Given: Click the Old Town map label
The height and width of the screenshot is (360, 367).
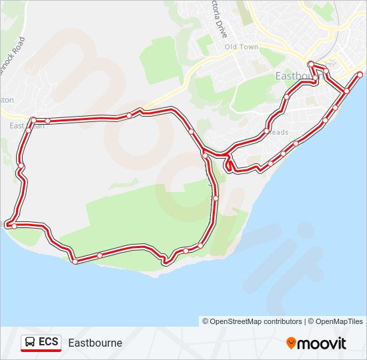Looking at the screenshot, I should coord(241,47).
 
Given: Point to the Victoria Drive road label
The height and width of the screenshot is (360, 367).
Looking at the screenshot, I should coord(218,17).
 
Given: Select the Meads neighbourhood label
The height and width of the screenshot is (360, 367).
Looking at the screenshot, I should coord(280,132).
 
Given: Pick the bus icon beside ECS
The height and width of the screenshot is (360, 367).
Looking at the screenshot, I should coord(30,343).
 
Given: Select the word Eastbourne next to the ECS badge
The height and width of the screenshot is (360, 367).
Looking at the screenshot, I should coord(95,343).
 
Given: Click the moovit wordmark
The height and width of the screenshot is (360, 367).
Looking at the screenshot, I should coord(322,343).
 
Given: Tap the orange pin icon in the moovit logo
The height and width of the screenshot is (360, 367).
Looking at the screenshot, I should coord(291,343).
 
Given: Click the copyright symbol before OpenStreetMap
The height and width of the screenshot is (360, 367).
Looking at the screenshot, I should coord(206,321).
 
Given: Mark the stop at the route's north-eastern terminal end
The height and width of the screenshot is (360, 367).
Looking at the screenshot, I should coord(360,74).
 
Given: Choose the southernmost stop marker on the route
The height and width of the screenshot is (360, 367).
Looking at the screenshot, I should coord(75,261).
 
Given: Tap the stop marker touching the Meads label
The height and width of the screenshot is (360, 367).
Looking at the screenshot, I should coord(267,131).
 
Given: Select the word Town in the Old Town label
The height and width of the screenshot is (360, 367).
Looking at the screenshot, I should coord(250,47).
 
